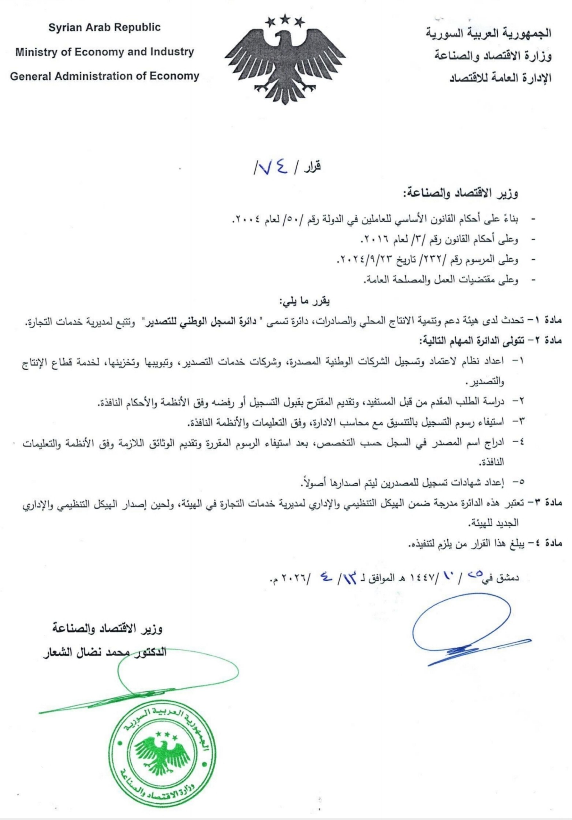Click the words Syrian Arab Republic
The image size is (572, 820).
(x=104, y=28)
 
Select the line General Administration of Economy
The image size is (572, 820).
(x=104, y=76)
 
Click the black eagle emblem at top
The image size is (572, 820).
(x=285, y=62)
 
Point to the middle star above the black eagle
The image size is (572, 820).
(x=285, y=19)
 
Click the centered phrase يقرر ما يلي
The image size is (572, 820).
(x=304, y=301)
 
